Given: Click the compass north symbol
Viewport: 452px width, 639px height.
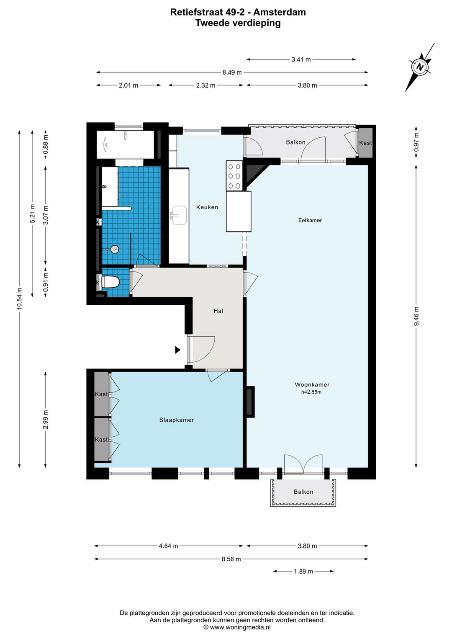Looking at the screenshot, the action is [419, 67].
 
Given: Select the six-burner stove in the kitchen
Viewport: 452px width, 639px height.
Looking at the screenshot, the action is [234, 176].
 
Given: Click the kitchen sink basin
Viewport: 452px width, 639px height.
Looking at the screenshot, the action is [179, 215].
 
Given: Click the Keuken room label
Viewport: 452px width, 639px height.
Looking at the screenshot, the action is [207, 207].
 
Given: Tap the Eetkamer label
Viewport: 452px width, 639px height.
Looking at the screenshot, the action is [310, 220].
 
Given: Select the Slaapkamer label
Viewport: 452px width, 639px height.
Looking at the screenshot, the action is [177, 420].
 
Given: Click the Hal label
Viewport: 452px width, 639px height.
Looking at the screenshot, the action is [218, 311].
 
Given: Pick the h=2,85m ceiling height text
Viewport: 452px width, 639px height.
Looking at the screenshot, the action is [311, 392].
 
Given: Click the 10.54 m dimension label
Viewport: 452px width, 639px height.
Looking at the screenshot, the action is [19, 299].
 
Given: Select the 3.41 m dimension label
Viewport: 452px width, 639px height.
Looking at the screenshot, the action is [301, 59].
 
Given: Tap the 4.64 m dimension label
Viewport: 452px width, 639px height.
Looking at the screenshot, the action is [169, 546].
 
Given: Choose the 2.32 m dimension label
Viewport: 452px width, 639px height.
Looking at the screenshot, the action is [205, 85].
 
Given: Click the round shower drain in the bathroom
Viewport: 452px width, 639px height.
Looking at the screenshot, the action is [115, 249].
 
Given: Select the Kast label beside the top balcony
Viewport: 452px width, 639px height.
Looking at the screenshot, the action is [365, 143].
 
